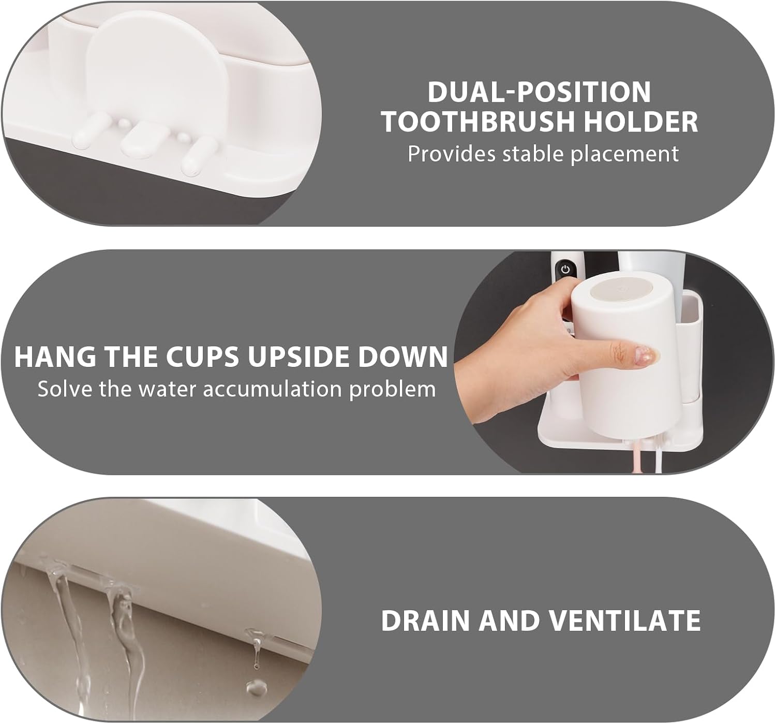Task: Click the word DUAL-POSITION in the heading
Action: click(x=539, y=92)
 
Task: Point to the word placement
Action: click(x=624, y=154)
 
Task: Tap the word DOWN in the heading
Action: click(x=402, y=357)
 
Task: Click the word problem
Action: click(x=393, y=389)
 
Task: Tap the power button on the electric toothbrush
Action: click(x=565, y=269)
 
